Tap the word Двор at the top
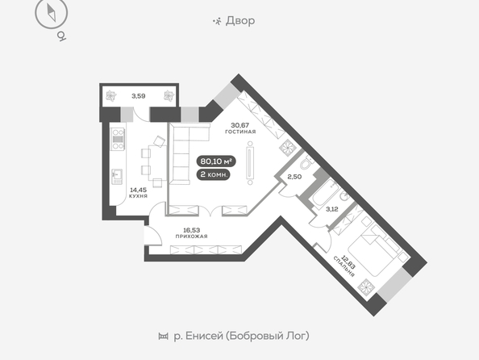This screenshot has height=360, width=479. (x=240, y=21)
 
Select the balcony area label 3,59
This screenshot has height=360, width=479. (x=139, y=96)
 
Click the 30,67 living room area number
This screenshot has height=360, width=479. (x=240, y=125)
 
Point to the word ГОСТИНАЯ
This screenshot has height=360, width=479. (x=240, y=132)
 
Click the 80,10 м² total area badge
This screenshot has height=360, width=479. (x=216, y=161)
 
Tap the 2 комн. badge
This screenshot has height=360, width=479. (x=213, y=174)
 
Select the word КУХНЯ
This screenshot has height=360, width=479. (x=139, y=196)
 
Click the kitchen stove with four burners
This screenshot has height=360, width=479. (x=118, y=139)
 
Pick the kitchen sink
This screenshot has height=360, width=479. (x=117, y=177)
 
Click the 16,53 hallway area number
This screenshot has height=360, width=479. (x=192, y=230)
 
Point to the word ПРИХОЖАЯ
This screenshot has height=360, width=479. (x=192, y=237)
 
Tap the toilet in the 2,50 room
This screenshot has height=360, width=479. (x=306, y=163)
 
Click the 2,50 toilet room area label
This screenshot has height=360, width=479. (x=294, y=177)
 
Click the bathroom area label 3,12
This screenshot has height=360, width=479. (x=332, y=209)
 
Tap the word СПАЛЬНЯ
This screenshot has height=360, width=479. (x=344, y=266)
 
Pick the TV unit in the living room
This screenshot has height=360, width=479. (x=250, y=163)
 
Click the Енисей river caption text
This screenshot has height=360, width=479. (x=241, y=336)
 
